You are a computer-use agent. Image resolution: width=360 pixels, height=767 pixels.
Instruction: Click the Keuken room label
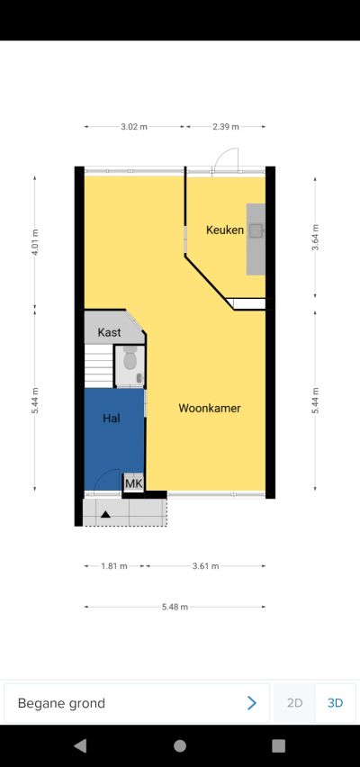click(x=224, y=230)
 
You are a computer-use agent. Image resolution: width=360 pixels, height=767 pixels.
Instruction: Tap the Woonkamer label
click(x=210, y=408)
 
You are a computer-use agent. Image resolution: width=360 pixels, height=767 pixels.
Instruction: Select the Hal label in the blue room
click(x=111, y=419)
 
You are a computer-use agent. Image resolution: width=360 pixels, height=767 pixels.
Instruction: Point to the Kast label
click(x=109, y=332)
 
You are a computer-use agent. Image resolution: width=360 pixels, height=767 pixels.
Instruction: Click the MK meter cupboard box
click(x=133, y=483)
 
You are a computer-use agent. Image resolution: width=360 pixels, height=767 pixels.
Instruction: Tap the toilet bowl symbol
click(x=130, y=359)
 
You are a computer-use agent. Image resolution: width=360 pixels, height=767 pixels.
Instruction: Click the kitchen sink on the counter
click(x=256, y=230)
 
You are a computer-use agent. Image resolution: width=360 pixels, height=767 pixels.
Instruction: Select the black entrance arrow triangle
click(x=105, y=514)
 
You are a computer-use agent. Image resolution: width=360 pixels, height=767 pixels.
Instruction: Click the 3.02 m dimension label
click(x=134, y=127)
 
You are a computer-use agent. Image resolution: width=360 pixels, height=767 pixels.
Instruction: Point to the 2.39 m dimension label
click(x=226, y=127)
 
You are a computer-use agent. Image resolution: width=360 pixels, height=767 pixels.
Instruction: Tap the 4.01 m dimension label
click(x=35, y=242)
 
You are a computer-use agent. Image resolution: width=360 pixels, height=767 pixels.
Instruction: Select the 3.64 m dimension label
click(x=316, y=238)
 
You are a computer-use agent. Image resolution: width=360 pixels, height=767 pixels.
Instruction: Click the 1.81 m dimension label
click(x=114, y=566)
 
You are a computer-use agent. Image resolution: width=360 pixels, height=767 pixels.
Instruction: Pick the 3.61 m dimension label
click(x=205, y=566)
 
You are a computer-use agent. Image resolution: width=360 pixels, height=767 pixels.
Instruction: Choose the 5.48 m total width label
click(x=175, y=607)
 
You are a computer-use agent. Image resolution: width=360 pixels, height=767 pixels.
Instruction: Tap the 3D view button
click(x=335, y=703)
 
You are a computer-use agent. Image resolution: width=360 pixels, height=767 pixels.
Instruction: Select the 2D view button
click(x=294, y=703)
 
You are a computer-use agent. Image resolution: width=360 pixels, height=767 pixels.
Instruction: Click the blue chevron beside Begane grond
click(x=252, y=703)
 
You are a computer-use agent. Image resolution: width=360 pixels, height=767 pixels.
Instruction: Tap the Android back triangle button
click(x=80, y=745)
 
